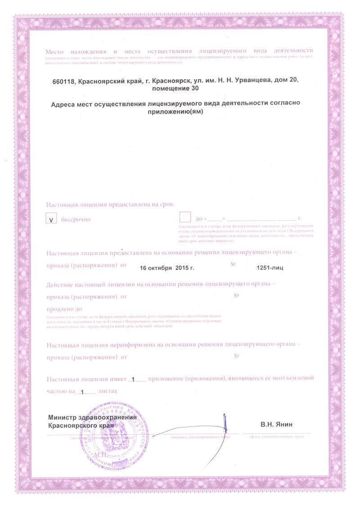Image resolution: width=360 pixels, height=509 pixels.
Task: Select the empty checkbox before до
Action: [185, 217]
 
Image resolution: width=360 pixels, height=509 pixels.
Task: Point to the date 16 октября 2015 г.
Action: [166, 268]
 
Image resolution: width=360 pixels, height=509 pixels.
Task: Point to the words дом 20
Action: [288, 81]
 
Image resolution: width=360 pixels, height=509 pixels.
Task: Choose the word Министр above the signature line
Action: [63, 417]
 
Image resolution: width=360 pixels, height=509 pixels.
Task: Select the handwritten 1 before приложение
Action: [134, 379]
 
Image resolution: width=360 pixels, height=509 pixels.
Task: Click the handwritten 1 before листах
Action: [82, 392]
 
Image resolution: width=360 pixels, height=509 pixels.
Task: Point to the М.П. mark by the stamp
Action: [99, 455]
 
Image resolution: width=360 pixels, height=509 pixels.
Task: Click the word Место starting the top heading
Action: [54, 50]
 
